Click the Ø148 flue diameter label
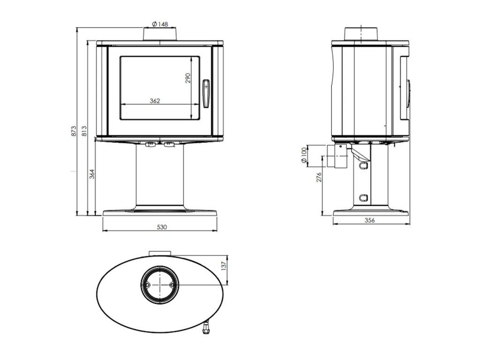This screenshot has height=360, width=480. [x=160, y=24]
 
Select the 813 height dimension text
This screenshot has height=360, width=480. [x=84, y=131]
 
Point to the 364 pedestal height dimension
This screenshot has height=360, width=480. [x=92, y=173]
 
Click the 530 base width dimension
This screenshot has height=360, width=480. [x=161, y=227]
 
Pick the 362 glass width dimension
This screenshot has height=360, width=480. [x=155, y=100]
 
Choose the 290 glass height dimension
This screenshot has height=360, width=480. [x=188, y=78]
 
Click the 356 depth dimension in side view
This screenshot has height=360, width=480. [x=370, y=221]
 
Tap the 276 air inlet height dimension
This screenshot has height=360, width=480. [x=319, y=178]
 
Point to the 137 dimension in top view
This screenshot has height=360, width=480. [x=224, y=265]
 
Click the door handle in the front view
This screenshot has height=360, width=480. [x=206, y=92]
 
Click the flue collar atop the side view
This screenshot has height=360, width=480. [x=361, y=34]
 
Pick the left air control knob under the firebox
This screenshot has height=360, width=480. [x=150, y=145]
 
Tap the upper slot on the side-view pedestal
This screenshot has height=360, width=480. [x=362, y=165]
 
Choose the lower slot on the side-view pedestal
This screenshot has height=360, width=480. [x=362, y=197]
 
